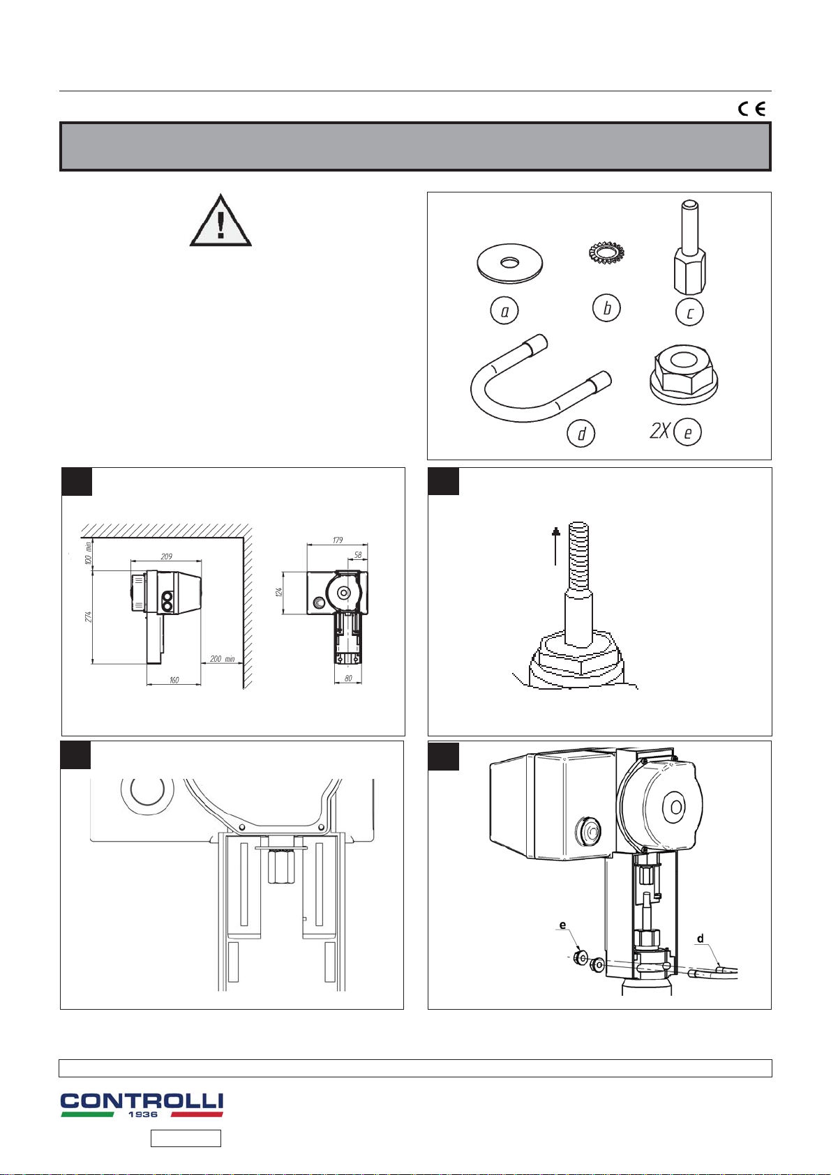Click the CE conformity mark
pos(751,109)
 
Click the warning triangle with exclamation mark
pos(220,220)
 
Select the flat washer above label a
pos(510,264)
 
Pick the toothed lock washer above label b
pos(606,253)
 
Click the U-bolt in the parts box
pos(540,378)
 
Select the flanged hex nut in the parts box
pos(684,374)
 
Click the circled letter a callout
pos(504,311)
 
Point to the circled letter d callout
pos(581,434)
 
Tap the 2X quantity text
pos(660,431)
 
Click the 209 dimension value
pos(167,556)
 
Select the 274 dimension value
pos(89,617)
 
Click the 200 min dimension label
pos(222,658)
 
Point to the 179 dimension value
pos(338,539)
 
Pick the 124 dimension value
pos(279,592)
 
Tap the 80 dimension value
pos(348,679)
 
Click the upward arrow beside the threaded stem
pos(556,547)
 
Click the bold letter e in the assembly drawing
pos(563,925)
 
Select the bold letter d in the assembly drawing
pos(701,939)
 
